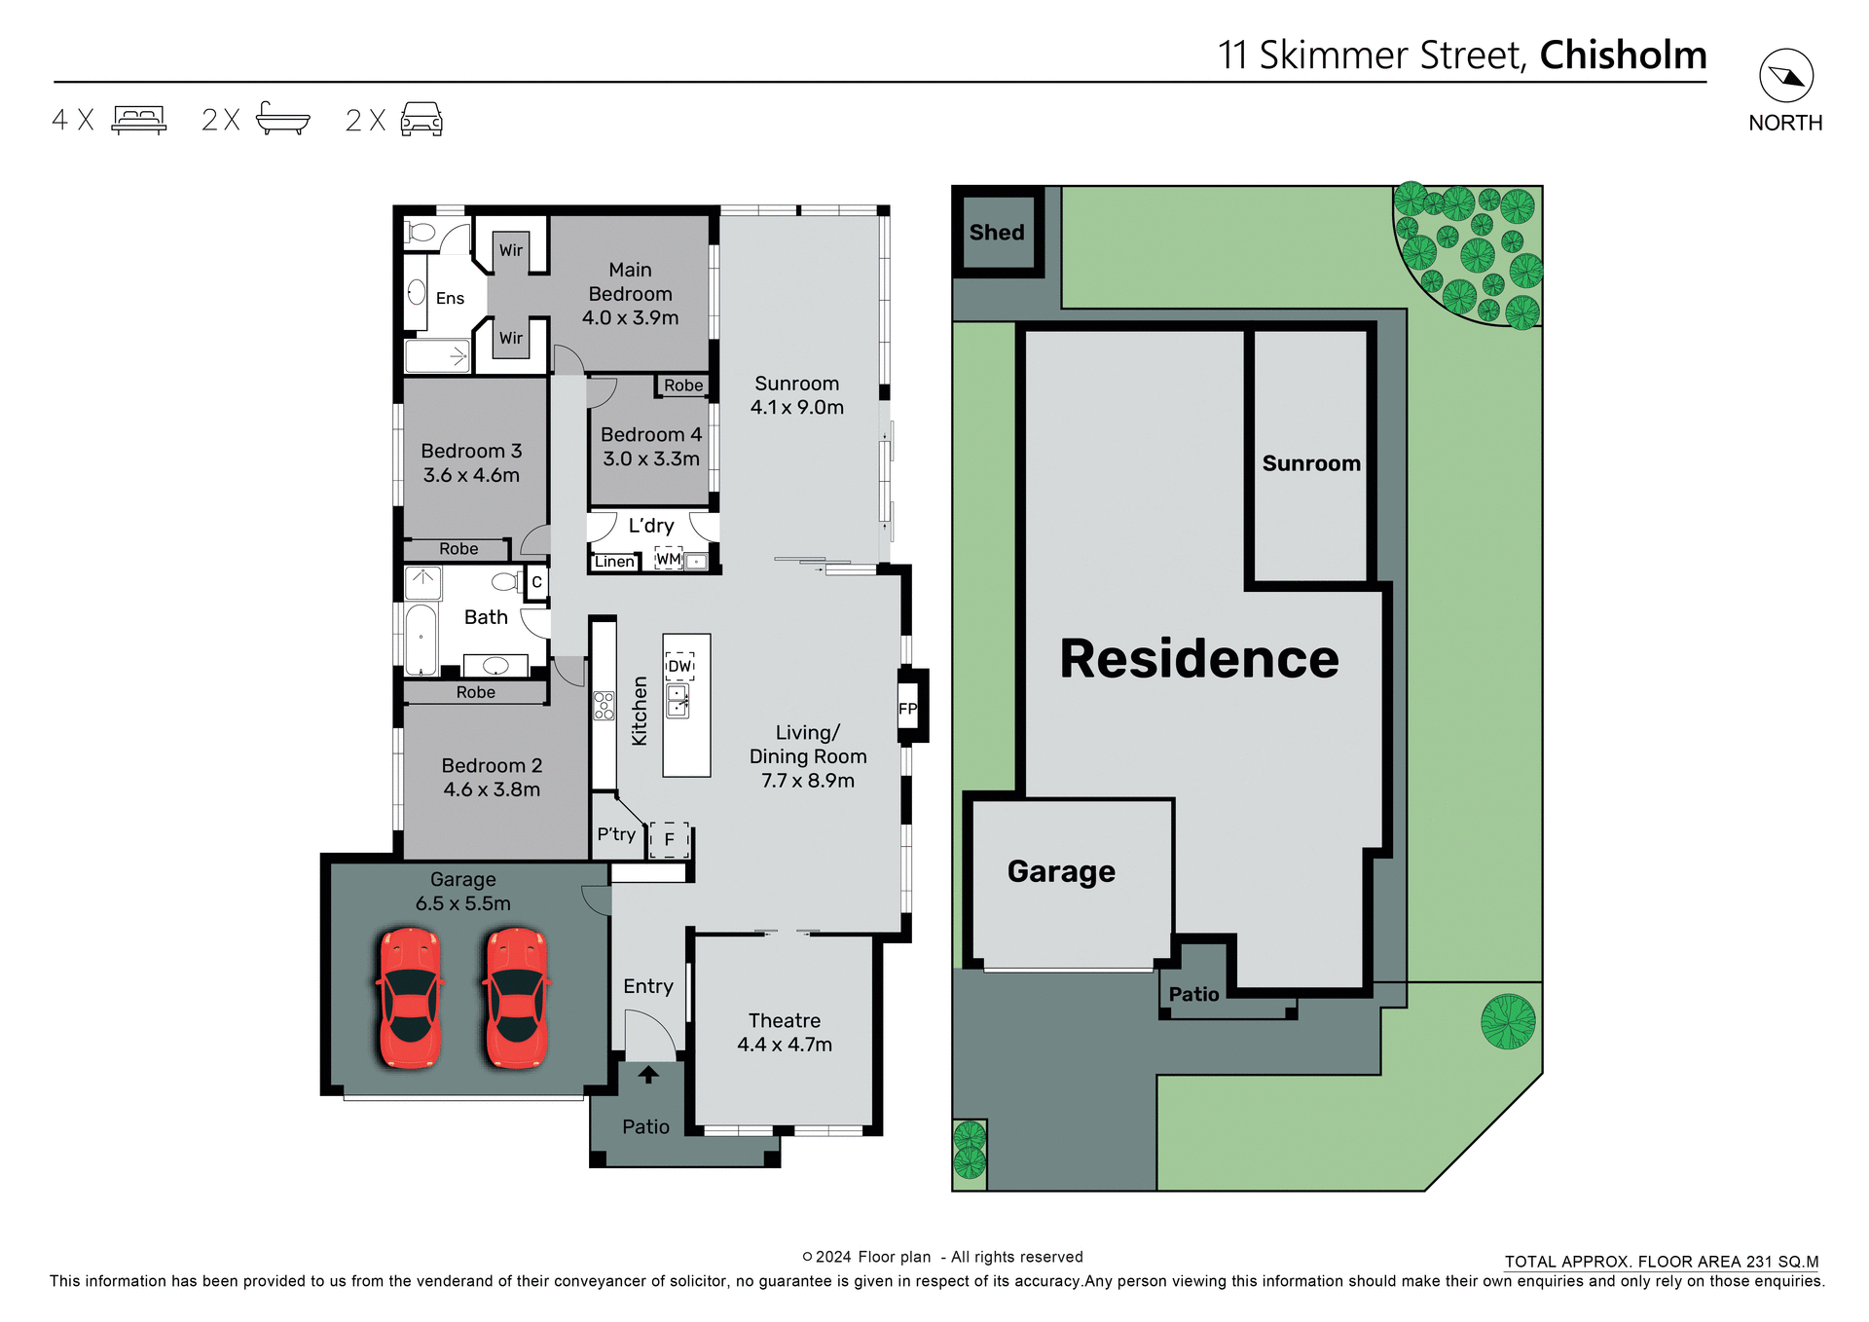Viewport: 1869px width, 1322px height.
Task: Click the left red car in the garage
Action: [x=410, y=998]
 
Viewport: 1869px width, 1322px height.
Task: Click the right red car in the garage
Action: [x=516, y=998]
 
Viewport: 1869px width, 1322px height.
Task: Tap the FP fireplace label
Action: [x=907, y=709]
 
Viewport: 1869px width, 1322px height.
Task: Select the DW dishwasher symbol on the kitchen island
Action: [x=679, y=667]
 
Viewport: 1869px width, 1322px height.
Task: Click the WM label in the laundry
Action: [x=668, y=559]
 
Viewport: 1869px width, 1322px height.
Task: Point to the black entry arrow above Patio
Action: [x=648, y=1075]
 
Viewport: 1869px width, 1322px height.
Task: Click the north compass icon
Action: [x=1785, y=76]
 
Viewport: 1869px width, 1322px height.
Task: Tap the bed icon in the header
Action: [x=139, y=120]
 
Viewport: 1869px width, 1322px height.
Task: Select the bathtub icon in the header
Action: [x=282, y=119]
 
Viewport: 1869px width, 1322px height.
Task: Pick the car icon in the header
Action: [x=421, y=119]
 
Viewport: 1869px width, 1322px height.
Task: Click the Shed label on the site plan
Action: [x=997, y=233]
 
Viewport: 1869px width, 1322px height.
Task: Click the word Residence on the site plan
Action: [x=1198, y=659]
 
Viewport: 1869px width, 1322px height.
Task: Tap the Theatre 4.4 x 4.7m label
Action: [x=785, y=1032]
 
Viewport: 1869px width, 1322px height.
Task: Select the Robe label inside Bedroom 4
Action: [x=683, y=386]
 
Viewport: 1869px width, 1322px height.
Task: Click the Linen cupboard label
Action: [x=614, y=562]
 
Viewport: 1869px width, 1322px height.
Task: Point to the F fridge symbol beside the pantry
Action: [x=670, y=839]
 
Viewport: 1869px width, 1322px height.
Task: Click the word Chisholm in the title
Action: [x=1623, y=55]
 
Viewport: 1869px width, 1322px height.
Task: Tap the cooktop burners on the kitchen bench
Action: [x=604, y=706]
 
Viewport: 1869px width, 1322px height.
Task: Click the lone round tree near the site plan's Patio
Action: [x=1508, y=1021]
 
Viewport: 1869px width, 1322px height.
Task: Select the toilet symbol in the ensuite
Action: [x=421, y=232]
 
